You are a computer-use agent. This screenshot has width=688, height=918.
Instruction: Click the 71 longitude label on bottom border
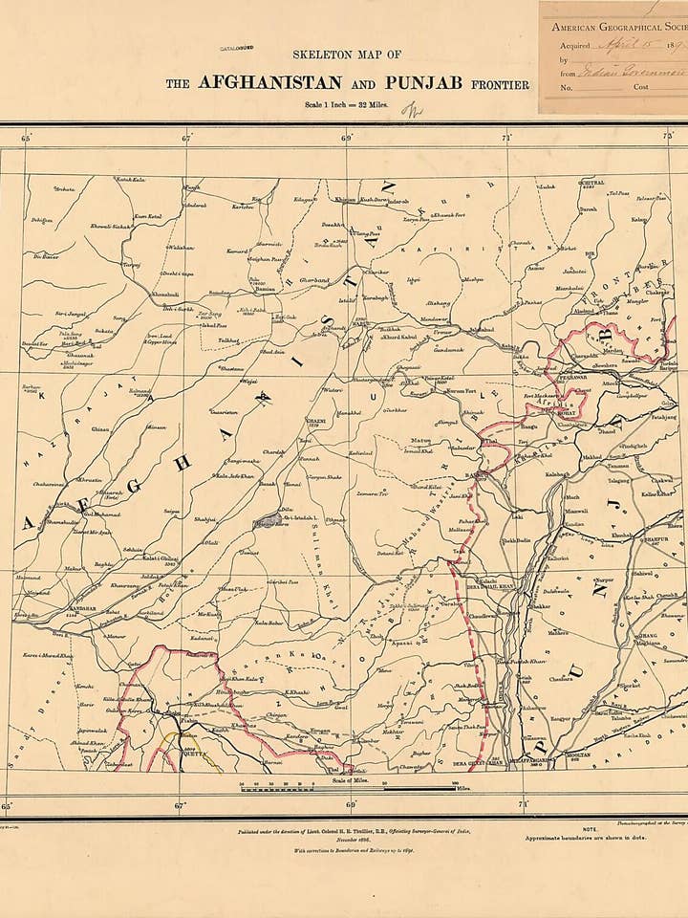(x=523, y=805)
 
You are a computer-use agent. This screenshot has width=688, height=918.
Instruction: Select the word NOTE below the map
(x=590, y=829)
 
